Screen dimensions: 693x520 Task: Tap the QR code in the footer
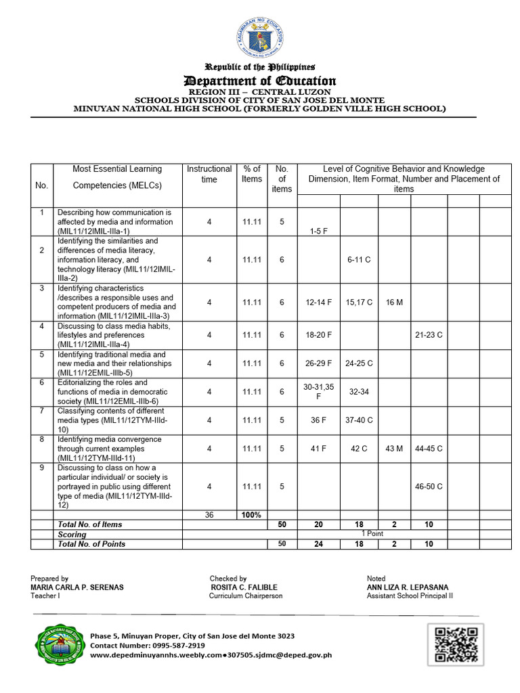tap(455, 644)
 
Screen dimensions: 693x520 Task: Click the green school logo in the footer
tap(60, 645)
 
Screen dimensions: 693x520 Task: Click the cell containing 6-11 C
tap(359, 260)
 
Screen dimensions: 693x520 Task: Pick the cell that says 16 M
tap(394, 302)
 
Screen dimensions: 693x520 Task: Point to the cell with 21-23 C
tap(429, 335)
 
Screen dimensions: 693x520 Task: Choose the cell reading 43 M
tap(394, 448)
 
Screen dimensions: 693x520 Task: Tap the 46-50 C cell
tap(429, 486)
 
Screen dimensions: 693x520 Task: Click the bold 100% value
tap(252, 515)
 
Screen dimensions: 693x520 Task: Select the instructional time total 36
tap(209, 515)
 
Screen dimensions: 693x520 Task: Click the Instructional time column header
tap(209, 174)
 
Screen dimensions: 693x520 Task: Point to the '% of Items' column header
tap(252, 174)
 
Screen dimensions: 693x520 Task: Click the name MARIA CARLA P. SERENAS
tap(77, 587)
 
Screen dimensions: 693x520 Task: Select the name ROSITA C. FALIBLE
tap(244, 587)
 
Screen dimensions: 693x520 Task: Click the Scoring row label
tap(72, 534)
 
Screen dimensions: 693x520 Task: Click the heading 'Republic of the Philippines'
tap(260, 67)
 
